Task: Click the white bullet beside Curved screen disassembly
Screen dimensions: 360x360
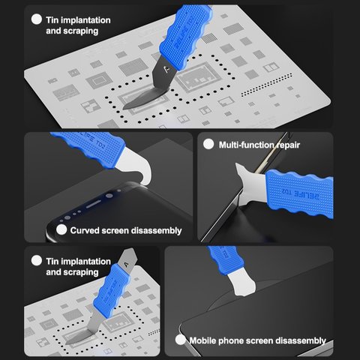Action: pos(61,229)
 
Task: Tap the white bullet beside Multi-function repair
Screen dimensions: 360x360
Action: pos(208,144)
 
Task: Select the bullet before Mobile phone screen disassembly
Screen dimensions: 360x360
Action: pos(181,340)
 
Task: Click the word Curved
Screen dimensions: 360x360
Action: pos(84,230)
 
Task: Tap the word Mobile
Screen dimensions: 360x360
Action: pos(202,340)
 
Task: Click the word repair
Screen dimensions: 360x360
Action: pos(288,145)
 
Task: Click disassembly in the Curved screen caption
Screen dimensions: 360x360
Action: pos(157,231)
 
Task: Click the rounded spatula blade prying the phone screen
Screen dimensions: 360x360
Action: pos(242,284)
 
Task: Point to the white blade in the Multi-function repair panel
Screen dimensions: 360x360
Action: pos(250,184)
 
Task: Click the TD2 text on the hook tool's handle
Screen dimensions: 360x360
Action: pos(100,144)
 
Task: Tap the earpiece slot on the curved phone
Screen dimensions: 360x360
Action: pos(94,205)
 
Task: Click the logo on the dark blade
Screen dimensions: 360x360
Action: pos(167,69)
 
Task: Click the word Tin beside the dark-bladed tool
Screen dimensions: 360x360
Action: pos(52,20)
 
